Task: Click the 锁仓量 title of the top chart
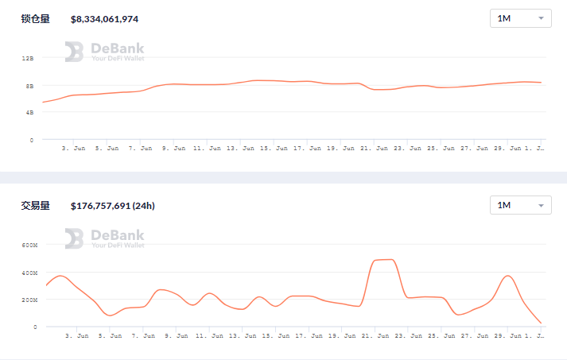pos(35,18)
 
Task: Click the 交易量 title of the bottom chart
pos(35,206)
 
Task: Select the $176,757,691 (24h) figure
pos(113,206)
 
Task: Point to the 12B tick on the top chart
pos(28,59)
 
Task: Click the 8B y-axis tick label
pos(29,86)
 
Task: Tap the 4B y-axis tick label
pos(29,113)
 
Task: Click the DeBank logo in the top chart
pos(104,52)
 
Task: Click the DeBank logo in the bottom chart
pos(104,238)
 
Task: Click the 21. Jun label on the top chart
pos(375,149)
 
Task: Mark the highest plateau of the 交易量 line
pos(384,260)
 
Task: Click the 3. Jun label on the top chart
pos(75,149)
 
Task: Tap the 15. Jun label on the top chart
pos(274,149)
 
